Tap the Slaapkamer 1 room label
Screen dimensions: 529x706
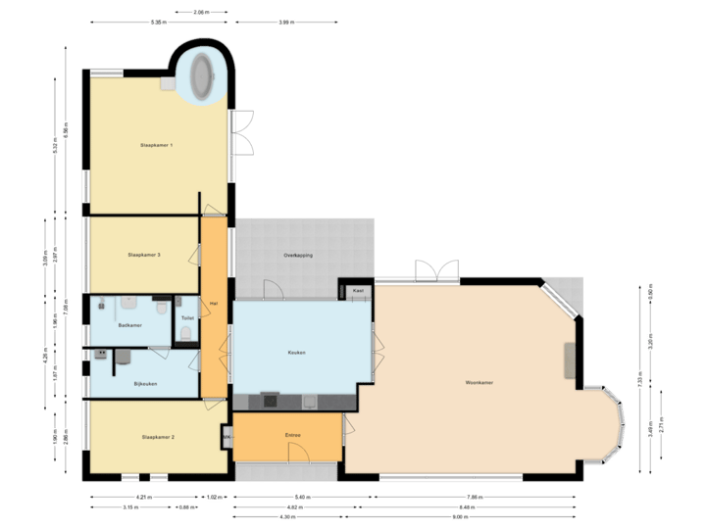click(156, 146)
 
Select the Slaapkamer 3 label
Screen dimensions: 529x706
click(143, 255)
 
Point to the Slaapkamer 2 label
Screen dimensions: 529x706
click(158, 437)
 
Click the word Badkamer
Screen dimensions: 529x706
click(129, 324)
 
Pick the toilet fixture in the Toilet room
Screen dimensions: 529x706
click(185, 334)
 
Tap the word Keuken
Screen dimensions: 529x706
click(296, 353)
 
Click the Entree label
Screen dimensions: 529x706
click(292, 435)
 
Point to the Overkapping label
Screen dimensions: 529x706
click(298, 255)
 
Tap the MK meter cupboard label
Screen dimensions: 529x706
click(227, 436)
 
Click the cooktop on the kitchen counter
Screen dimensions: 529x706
click(269, 400)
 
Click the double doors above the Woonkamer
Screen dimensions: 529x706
click(436, 270)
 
